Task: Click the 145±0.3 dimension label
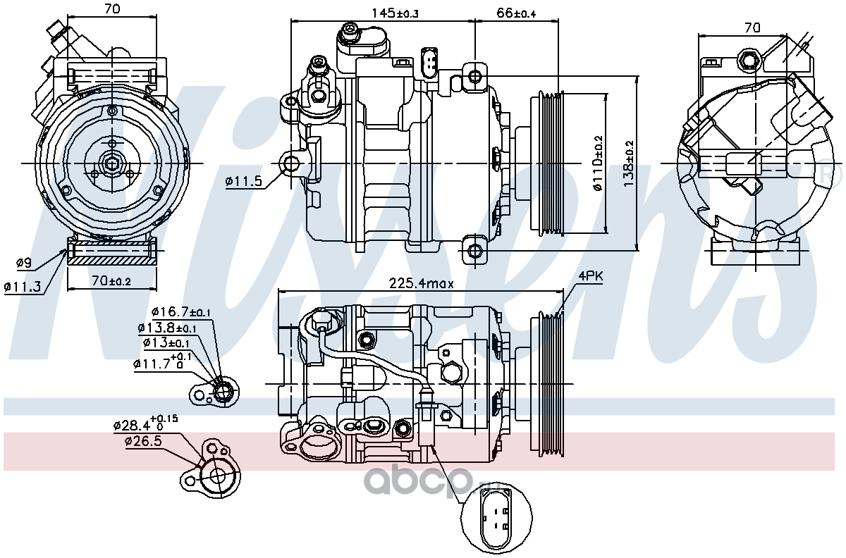(x=395, y=13)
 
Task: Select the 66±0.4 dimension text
(x=516, y=13)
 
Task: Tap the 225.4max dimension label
(x=421, y=283)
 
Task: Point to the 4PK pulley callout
(x=591, y=276)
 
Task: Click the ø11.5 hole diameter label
(x=244, y=182)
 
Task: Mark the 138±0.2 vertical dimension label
(x=629, y=163)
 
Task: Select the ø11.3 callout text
(x=23, y=287)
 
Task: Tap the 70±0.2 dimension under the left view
(x=111, y=280)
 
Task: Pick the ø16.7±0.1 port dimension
(x=181, y=312)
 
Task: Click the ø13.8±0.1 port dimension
(x=167, y=328)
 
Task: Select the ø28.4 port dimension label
(x=146, y=424)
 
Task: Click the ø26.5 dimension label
(x=144, y=441)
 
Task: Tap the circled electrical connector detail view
(x=496, y=518)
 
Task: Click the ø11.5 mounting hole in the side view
(x=290, y=164)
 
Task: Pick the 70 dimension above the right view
(x=752, y=28)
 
